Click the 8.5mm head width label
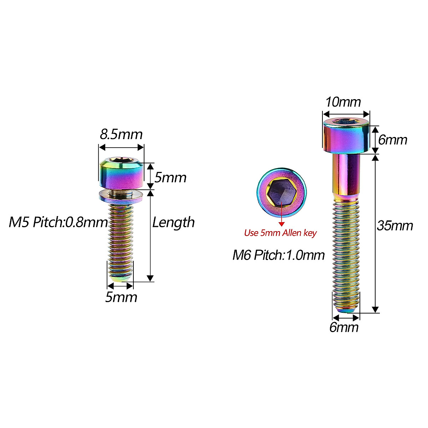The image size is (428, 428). (x=121, y=134)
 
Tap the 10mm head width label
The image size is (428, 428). (x=343, y=102)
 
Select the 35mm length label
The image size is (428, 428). (x=395, y=226)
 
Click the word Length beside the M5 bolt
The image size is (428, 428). (x=173, y=223)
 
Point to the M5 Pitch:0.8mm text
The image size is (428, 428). (x=58, y=222)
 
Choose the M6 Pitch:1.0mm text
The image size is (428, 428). (x=279, y=255)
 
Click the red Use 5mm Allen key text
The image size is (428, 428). (x=280, y=233)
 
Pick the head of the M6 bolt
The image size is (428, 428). (x=346, y=136)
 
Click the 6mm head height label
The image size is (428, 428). (x=392, y=140)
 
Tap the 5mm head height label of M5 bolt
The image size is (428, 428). (x=170, y=177)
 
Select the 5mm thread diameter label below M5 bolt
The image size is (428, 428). (x=121, y=297)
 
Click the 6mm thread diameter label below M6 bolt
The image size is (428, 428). (x=344, y=327)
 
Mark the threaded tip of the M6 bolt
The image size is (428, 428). (x=346, y=303)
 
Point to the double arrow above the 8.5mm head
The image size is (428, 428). (x=121, y=147)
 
